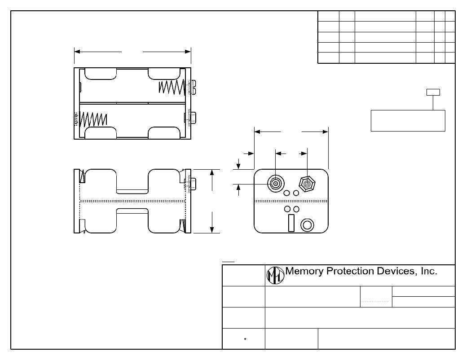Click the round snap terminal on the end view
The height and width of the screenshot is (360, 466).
click(x=275, y=183)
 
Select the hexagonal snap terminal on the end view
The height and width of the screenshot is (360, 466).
click(x=307, y=184)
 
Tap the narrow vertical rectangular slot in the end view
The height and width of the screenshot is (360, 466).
click(x=291, y=223)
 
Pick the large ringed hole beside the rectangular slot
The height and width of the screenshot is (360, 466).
click(x=308, y=224)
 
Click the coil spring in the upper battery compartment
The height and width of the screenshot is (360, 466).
click(x=171, y=87)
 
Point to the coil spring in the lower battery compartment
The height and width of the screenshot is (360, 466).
click(x=93, y=119)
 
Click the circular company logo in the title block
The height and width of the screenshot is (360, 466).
click(x=275, y=275)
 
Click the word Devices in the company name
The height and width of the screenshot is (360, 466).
click(x=395, y=271)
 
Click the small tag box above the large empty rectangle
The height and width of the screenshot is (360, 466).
click(x=433, y=92)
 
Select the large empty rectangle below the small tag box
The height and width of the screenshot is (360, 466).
click(x=408, y=120)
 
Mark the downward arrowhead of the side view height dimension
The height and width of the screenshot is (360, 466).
click(x=212, y=230)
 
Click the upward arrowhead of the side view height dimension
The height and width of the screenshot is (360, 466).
click(x=212, y=173)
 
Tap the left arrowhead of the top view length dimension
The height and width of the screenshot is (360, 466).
click(x=78, y=52)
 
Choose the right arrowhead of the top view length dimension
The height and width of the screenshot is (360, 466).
click(x=188, y=52)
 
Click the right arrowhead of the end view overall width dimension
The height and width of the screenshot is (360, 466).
click(x=325, y=132)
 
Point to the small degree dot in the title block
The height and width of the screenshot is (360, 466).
click(x=245, y=338)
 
